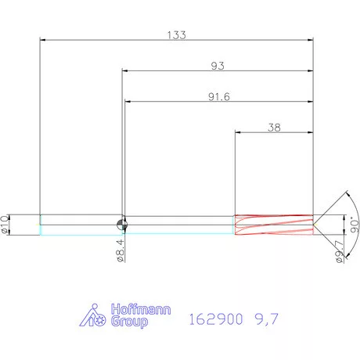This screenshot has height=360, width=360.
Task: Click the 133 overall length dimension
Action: pos(176,34)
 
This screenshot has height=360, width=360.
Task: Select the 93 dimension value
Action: pos(218,67)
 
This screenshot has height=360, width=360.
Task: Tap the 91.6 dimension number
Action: pos(219,98)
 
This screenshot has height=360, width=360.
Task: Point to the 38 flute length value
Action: pos(275,128)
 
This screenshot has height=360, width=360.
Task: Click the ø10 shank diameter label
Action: pos(6,225)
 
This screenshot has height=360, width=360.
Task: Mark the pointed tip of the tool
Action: pos(314,225)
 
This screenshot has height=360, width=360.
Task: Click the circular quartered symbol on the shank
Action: pos(121,225)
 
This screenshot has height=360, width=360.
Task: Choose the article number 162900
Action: pos(214,319)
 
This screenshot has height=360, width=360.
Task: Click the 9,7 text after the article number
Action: pos(266,319)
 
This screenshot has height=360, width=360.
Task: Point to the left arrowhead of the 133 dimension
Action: pos(43,39)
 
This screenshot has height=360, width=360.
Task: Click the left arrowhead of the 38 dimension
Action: pos(239,133)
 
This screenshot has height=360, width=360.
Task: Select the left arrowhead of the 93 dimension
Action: pos(124,71)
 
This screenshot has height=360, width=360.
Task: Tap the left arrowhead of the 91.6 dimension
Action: pos(128,103)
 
